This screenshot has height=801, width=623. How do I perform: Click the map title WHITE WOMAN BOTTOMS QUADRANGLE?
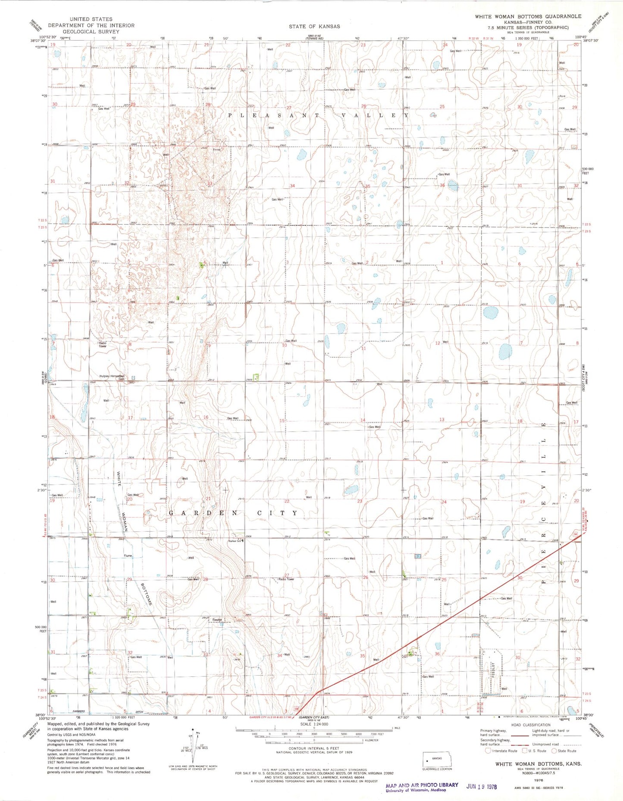coord(528,16)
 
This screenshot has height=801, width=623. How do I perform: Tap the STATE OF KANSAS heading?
coord(314,26)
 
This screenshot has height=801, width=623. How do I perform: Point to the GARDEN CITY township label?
coord(233,513)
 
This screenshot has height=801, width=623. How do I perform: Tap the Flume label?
coord(128,556)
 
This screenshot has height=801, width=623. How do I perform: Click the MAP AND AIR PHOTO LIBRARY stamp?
coord(422,785)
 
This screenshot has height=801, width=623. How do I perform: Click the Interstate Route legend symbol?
coord(488,751)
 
